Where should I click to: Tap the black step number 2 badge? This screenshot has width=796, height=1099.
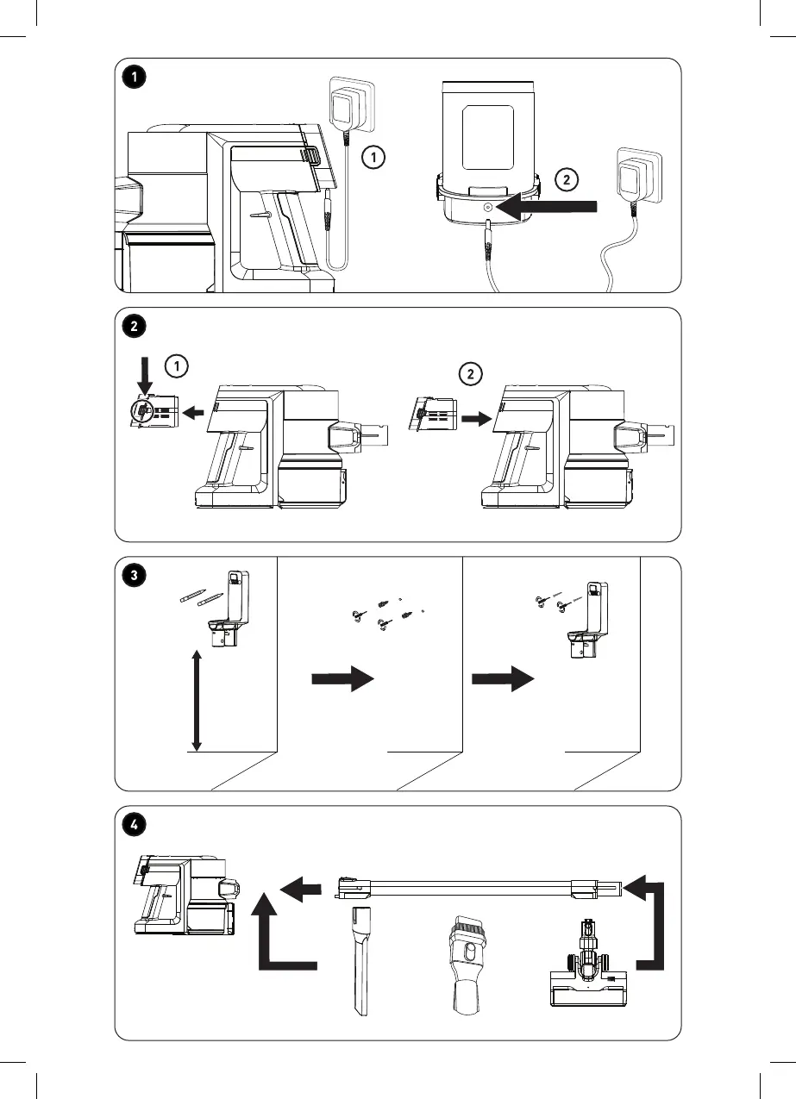tap(134, 326)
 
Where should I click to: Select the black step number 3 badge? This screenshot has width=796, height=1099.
tap(134, 575)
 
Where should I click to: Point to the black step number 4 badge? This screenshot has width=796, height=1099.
tap(134, 825)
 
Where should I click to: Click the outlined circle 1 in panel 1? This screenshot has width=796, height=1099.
tap(372, 158)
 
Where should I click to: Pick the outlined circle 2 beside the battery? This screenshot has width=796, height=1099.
tap(566, 180)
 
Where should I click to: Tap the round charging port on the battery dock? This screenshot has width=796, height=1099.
tap(488, 208)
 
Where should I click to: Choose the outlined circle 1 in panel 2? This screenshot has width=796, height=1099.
tap(176, 366)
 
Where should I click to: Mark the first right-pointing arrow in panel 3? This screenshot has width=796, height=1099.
tap(342, 679)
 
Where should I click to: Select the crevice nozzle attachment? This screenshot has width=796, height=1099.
tap(360, 958)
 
